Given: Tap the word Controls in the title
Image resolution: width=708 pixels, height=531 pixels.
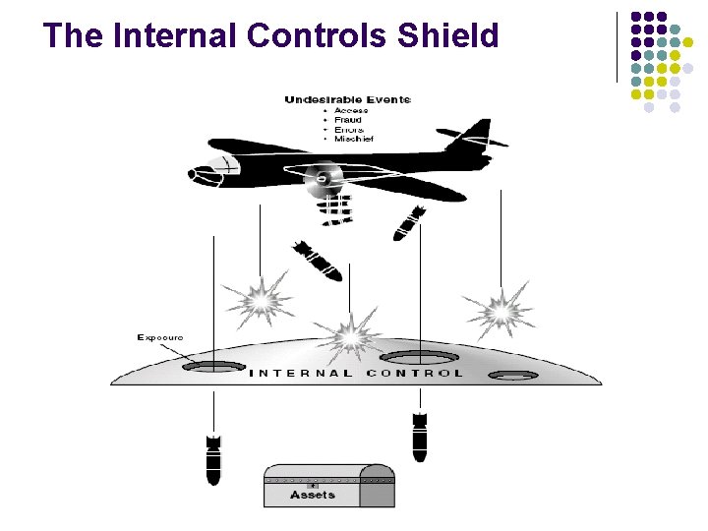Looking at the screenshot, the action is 306,36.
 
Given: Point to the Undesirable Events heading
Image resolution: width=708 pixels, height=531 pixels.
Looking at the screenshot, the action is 347,99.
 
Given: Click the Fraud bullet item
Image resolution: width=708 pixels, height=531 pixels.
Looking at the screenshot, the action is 348,120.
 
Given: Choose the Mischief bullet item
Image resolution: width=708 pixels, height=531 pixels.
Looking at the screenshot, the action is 354,139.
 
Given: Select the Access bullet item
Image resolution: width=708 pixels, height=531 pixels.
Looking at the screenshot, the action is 351,110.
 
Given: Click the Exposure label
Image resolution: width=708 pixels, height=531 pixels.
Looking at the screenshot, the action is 160,337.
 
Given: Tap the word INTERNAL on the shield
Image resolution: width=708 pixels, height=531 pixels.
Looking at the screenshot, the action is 301,374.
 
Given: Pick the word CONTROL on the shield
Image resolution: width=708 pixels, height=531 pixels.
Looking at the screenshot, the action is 414,374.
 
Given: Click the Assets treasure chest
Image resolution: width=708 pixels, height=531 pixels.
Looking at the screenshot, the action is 327,486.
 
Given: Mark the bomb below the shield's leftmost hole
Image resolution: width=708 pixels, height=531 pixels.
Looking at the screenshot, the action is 213,458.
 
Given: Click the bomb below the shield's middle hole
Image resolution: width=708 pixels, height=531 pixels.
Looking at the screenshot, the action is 420,437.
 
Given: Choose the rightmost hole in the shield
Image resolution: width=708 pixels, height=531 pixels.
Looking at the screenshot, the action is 513,376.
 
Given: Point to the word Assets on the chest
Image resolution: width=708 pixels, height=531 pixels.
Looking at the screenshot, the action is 313,495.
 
